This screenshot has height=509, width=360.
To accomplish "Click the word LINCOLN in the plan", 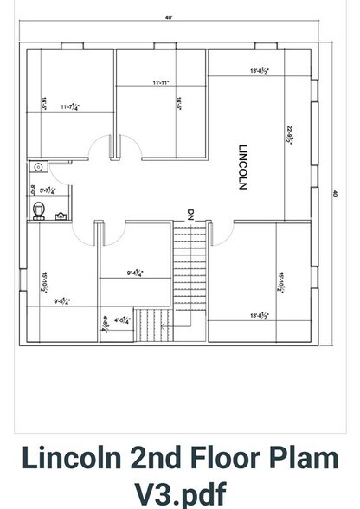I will (x=243, y=166).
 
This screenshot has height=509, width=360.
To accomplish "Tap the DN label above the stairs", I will (x=190, y=212).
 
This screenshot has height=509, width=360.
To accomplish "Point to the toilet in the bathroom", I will (x=38, y=209).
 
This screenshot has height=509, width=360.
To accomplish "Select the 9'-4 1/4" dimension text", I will (x=135, y=274).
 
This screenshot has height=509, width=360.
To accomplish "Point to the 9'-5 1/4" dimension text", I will (x=62, y=301).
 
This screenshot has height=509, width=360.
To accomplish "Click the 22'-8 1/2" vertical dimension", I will (x=289, y=134).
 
